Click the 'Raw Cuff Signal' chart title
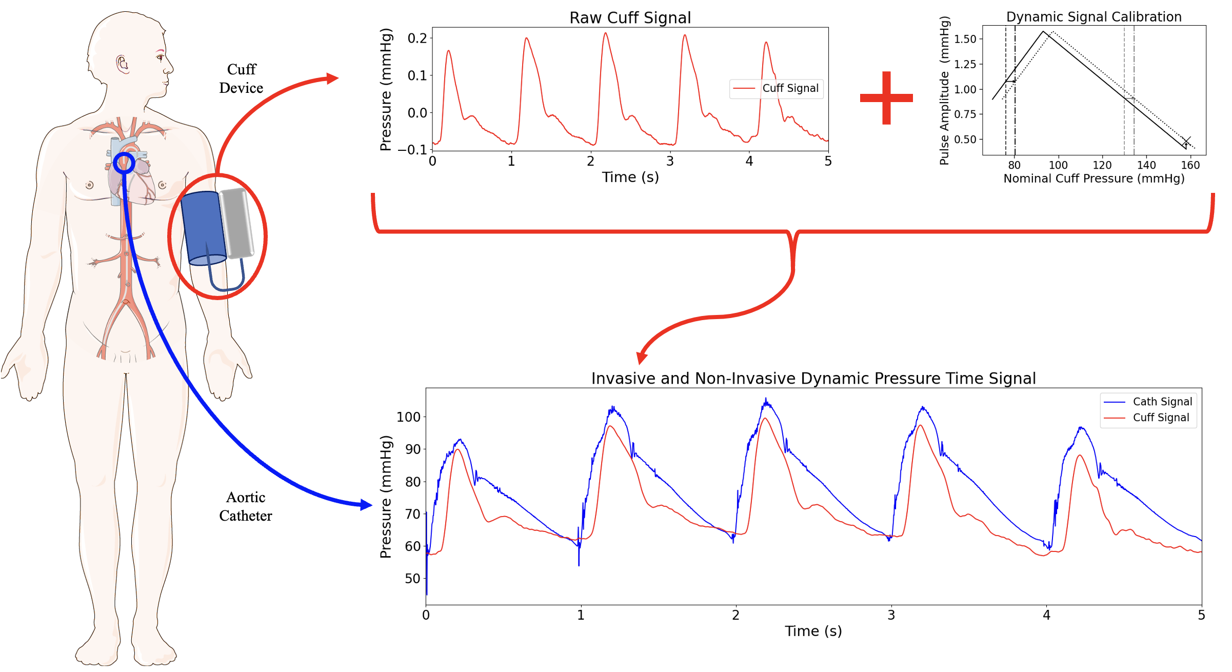click(630, 18)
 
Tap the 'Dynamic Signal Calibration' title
click(1094, 17)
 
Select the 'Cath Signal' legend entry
click(1162, 402)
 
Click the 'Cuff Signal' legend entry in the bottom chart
click(1160, 418)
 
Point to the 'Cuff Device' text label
click(241, 78)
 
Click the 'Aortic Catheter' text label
click(246, 506)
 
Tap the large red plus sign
click(886, 98)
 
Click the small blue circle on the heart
click(124, 163)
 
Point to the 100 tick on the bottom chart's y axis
click(408, 417)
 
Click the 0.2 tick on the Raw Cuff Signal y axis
click(417, 38)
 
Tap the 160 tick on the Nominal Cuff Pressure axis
click(1190, 165)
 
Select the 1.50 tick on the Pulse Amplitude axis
click(965, 39)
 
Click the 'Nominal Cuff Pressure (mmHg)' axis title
click(1094, 179)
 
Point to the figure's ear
click(123, 64)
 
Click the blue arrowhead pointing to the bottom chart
click(366, 505)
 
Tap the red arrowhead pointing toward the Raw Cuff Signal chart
click(333, 78)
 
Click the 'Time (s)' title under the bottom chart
click(813, 631)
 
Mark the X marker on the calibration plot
click(1186, 141)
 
